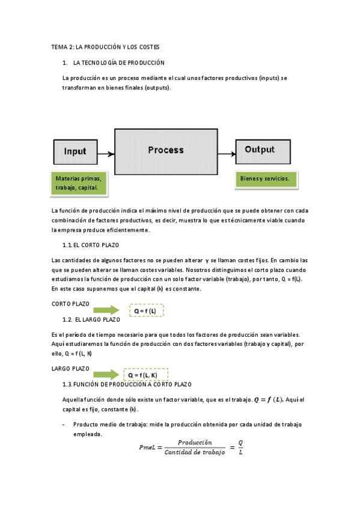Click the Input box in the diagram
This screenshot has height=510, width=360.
click(x=76, y=153)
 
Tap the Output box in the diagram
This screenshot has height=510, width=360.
click(x=260, y=150)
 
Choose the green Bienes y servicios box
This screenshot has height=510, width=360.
click(x=265, y=179)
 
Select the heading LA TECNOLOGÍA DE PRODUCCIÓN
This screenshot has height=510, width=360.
click(x=118, y=63)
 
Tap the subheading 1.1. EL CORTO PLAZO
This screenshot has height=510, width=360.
click(x=91, y=245)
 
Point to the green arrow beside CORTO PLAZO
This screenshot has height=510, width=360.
click(x=106, y=309)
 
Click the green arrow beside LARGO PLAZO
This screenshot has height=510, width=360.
click(x=106, y=374)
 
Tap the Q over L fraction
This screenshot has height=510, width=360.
click(x=240, y=447)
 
